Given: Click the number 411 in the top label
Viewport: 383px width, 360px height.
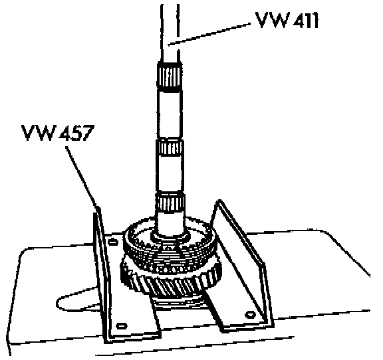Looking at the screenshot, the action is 305,20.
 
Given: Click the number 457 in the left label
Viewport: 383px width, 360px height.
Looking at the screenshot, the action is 76,133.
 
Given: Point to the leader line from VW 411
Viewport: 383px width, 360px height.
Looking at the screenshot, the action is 209,34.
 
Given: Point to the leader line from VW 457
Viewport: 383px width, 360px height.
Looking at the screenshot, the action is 82,177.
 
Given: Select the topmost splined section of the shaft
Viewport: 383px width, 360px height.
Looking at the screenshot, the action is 170,77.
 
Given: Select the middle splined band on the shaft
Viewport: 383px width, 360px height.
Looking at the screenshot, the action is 170,148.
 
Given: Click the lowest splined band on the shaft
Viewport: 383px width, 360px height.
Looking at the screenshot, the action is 170,202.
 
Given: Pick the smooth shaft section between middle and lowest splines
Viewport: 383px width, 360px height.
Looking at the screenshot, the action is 170,174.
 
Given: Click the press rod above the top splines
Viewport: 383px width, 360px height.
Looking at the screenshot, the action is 170,33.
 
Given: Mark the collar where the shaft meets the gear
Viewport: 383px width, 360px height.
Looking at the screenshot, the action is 170,236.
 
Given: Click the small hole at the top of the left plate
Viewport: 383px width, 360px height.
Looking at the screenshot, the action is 113,242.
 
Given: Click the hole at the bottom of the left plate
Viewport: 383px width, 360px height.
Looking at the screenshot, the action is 122,325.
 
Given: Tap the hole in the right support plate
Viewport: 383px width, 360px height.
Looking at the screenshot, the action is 250,314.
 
